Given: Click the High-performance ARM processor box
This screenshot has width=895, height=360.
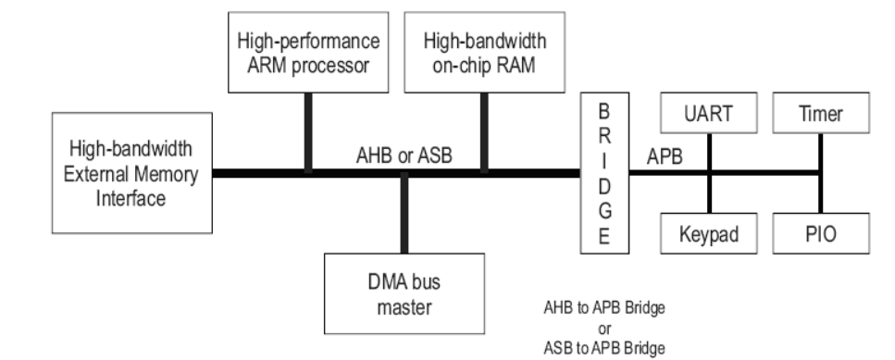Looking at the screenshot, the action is [x=308, y=52].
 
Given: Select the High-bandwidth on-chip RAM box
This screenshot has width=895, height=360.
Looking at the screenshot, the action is [x=485, y=52].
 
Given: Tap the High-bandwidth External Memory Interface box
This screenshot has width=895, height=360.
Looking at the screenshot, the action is [x=131, y=173].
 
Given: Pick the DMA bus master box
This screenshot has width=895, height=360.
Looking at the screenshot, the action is [x=404, y=293].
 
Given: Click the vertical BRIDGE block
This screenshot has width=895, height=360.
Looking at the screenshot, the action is [x=604, y=173].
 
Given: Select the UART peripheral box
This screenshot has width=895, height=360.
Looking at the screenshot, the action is [x=709, y=113].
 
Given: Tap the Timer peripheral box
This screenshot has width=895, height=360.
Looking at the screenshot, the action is [x=821, y=113].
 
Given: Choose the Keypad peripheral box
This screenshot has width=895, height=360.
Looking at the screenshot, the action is [x=709, y=233].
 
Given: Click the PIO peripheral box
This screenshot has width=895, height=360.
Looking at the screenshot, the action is [x=821, y=233].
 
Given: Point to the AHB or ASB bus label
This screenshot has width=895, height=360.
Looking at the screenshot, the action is [x=404, y=155].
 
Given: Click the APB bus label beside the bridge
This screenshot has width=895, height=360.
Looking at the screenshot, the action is [x=665, y=155].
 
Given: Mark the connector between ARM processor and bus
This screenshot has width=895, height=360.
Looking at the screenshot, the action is [x=308, y=133].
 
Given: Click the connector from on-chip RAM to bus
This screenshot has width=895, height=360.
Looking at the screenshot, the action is [x=485, y=133].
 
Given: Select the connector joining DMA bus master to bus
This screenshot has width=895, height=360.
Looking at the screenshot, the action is [x=404, y=214].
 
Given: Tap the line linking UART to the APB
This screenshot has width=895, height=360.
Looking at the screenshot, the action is [x=709, y=153].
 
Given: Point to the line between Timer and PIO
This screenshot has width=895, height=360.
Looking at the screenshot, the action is [x=821, y=173].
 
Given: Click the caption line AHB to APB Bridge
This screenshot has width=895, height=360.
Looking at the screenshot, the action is [x=604, y=308].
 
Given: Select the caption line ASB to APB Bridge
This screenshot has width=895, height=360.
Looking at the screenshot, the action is [x=604, y=348].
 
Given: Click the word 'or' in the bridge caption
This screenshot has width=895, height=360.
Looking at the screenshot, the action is [x=604, y=329].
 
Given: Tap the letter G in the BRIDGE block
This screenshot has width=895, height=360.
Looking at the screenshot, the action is [x=604, y=210].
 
